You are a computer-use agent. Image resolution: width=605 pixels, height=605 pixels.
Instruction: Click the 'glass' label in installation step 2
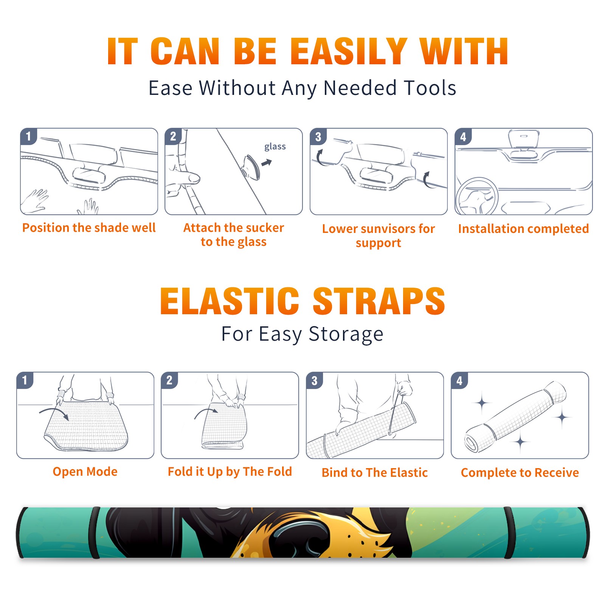coord(275,147)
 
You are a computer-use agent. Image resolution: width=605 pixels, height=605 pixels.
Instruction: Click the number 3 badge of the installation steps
coord(318,137)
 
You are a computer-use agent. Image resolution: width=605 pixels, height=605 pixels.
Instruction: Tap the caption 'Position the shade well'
coord(89,228)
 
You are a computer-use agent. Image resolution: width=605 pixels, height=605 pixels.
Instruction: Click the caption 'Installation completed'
coord(523,228)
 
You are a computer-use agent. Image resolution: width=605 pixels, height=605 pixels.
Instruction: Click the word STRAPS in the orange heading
coord(379,301)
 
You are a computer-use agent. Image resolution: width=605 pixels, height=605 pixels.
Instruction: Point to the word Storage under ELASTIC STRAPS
coord(346,334)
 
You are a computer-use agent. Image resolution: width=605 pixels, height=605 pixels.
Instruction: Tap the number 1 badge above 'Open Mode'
coord(25,380)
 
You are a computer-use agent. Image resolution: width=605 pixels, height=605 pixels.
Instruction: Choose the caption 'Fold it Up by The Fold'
coord(230,472)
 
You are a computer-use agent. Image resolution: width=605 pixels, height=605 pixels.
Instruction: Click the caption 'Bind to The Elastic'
coord(375,473)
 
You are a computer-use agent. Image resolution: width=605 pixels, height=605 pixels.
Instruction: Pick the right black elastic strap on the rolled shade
coord(509,532)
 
